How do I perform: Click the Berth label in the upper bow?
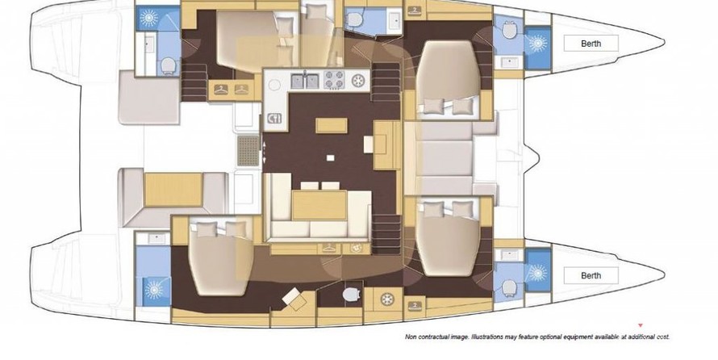click(591, 44)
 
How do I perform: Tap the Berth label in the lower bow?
click(591, 276)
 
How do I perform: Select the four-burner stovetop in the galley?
click(334, 80)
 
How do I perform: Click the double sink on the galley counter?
click(305, 81)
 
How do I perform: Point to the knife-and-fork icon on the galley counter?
click(273, 118)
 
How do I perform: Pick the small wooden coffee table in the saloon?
click(331, 125)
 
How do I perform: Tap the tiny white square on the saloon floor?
click(330, 158)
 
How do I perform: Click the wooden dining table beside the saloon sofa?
click(319, 205)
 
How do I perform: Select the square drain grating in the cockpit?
click(248, 151)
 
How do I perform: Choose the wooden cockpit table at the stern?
click(173, 190)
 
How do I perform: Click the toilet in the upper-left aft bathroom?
click(168, 66)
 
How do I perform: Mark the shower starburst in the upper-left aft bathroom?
click(148, 19)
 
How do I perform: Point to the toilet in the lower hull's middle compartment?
click(351, 295)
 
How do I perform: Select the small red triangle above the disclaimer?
click(641, 325)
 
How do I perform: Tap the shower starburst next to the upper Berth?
click(537, 44)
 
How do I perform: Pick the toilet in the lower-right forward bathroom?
click(509, 287)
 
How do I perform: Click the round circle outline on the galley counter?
click(274, 86)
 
